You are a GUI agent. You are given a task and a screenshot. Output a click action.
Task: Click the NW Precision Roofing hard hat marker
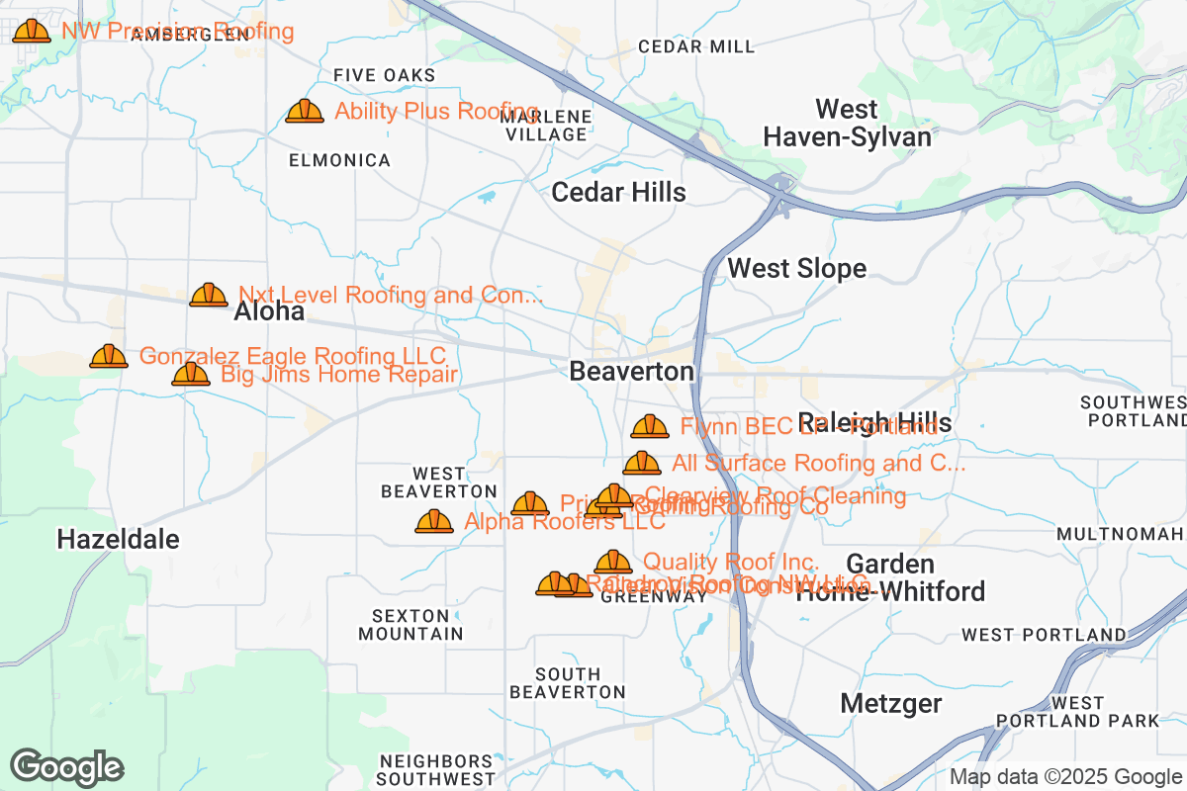point(32,31)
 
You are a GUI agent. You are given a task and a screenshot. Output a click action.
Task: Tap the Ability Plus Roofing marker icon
point(305,111)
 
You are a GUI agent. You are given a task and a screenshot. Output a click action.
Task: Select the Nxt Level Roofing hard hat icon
point(209,295)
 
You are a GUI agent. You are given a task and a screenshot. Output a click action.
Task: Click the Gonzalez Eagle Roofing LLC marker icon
point(109,356)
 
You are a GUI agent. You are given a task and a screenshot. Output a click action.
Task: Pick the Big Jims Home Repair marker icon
point(191,374)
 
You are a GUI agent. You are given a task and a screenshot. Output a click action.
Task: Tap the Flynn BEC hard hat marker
point(650,426)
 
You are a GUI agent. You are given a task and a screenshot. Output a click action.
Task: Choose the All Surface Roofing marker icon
point(642,463)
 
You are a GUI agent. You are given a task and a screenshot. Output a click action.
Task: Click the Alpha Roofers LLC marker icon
point(434,521)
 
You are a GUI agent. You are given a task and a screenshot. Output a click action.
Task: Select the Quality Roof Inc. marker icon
point(613,562)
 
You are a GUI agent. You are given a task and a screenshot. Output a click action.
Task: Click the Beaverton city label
point(632,372)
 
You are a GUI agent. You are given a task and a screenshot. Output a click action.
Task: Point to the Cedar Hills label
point(618,192)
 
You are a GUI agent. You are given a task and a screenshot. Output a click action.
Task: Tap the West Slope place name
point(796,269)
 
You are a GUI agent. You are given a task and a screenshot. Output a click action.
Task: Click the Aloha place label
point(269,313)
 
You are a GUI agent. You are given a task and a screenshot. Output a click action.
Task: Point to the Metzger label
point(890,704)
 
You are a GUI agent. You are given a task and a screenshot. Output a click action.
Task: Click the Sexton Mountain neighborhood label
point(411,625)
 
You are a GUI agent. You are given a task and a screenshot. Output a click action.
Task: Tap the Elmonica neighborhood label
point(339,160)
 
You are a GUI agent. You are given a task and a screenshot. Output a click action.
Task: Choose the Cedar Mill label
point(696,46)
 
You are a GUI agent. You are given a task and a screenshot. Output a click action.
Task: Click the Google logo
point(67,767)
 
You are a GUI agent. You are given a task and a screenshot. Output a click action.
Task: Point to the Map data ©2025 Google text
point(1066,777)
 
